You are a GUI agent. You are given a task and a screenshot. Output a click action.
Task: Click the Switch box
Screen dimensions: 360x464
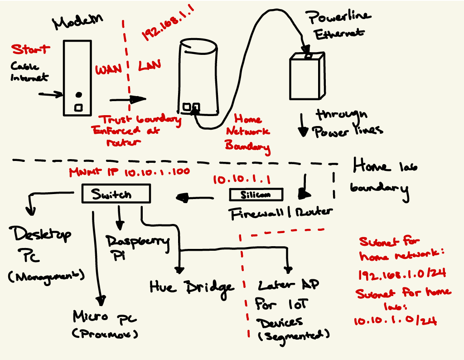(115, 194)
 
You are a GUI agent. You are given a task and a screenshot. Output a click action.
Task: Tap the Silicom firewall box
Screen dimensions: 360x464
(256, 195)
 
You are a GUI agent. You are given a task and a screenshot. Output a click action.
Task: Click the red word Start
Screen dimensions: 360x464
(31, 49)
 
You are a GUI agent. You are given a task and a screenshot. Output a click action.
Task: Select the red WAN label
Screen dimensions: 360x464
(108, 70)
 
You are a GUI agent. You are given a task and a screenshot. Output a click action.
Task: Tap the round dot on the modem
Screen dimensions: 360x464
(78, 95)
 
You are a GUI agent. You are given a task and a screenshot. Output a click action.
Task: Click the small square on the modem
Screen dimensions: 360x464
(78, 107)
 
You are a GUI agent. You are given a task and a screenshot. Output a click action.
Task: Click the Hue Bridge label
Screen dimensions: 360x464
(192, 286)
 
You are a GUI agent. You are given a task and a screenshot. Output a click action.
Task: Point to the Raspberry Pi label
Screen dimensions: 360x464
(136, 245)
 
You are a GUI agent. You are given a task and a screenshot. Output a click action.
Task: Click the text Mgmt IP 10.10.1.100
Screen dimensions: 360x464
(129, 172)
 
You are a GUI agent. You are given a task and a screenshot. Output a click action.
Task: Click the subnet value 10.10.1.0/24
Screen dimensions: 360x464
(395, 321)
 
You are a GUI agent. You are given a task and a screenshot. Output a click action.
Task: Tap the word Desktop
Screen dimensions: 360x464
(43, 234)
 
